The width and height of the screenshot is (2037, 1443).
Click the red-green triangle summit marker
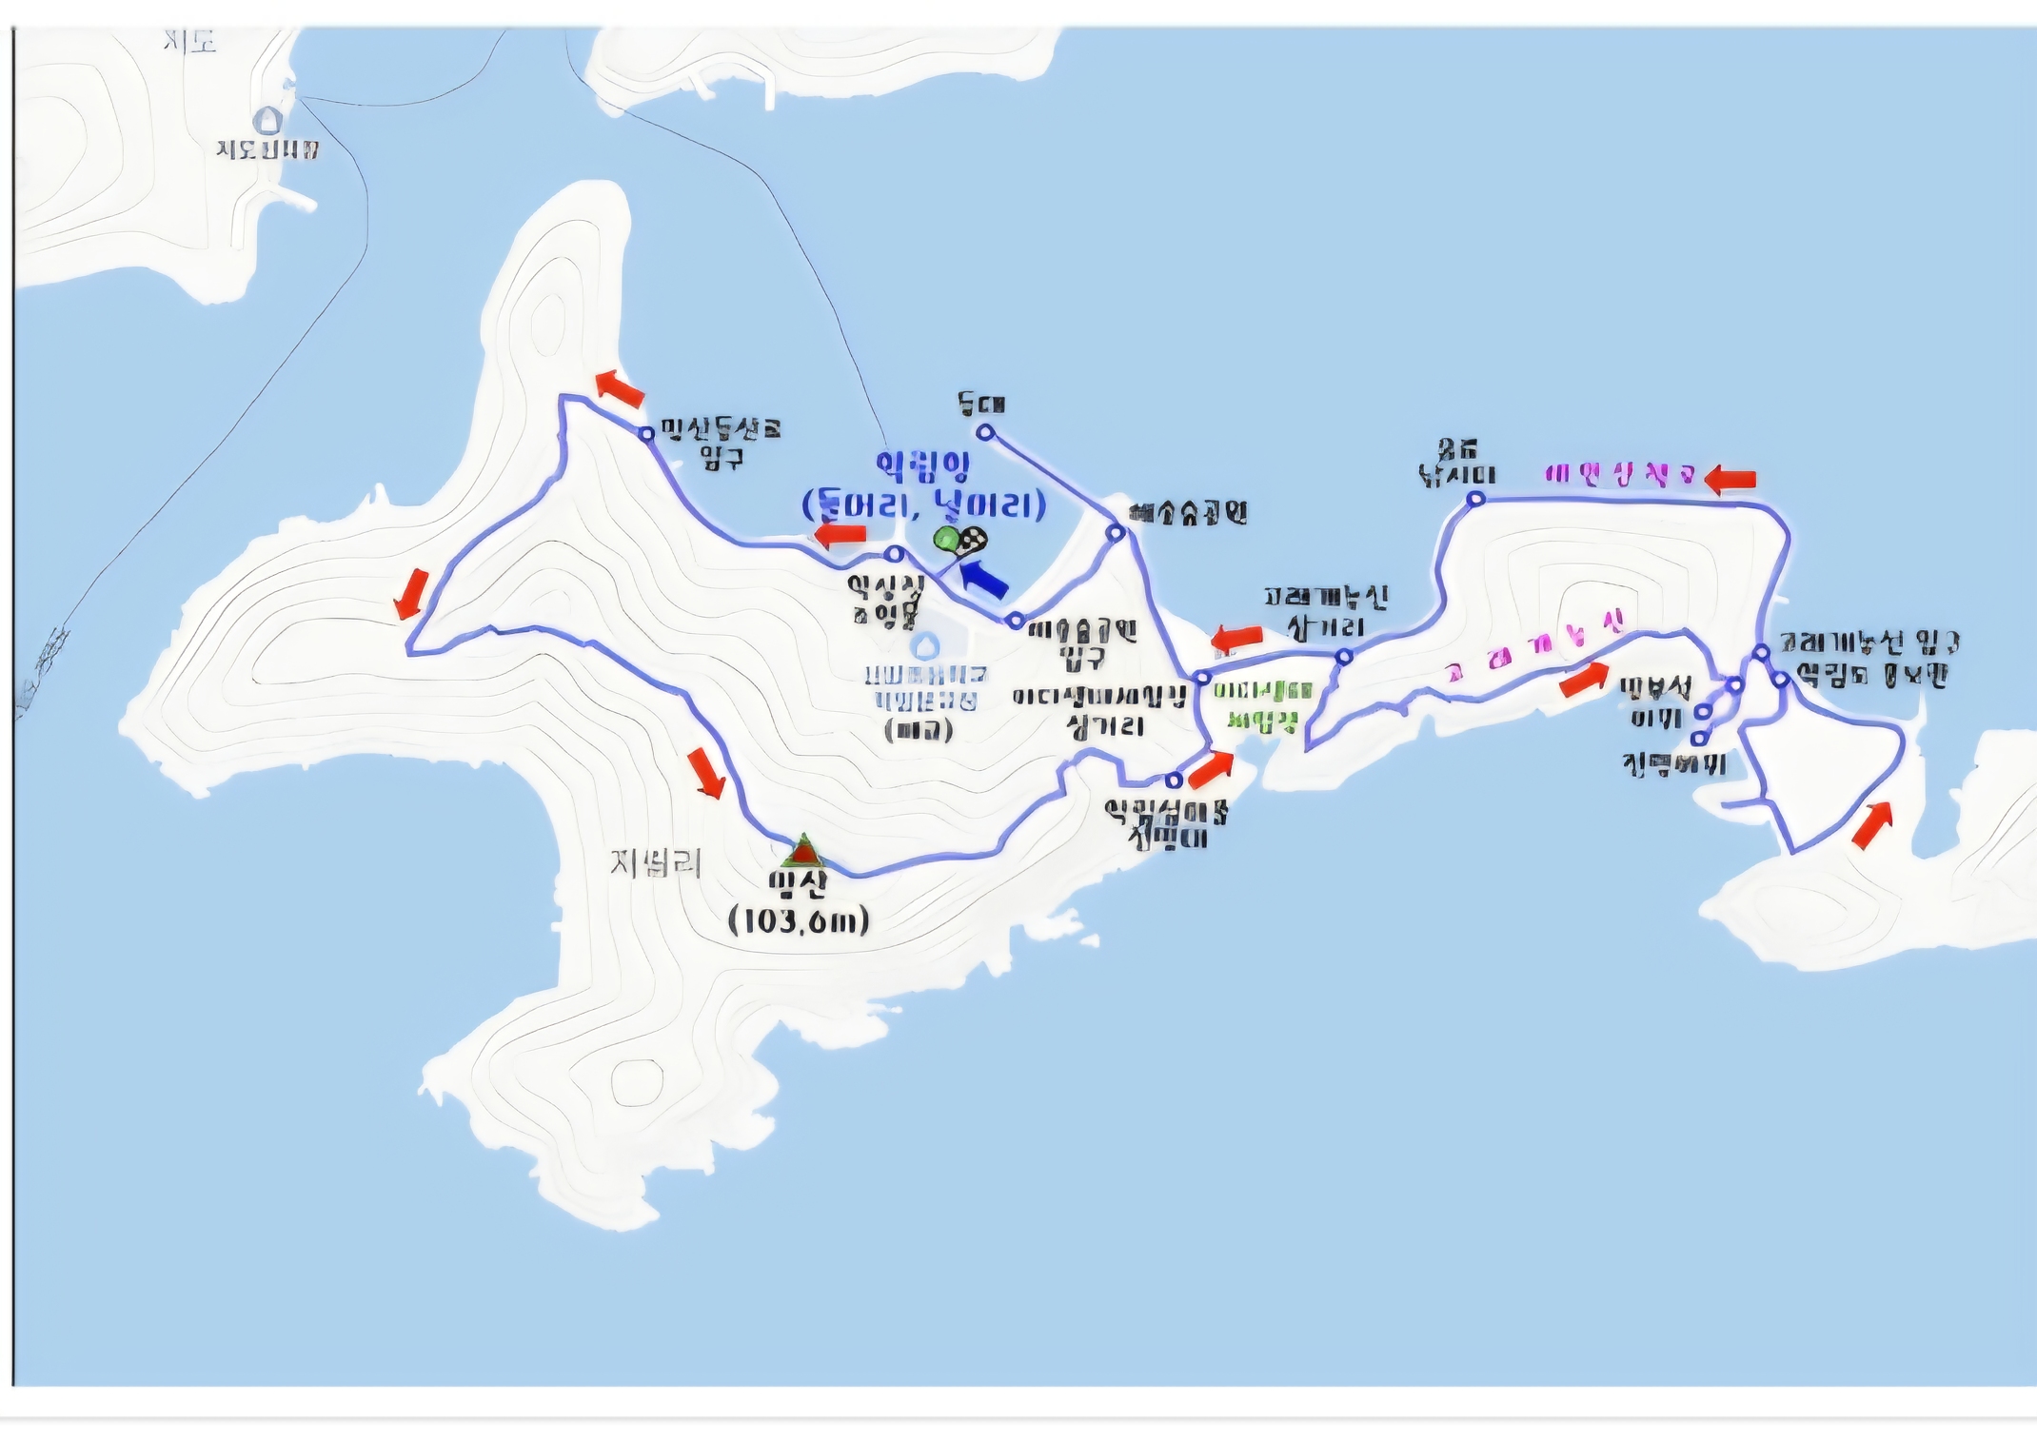pyautogui.click(x=804, y=851)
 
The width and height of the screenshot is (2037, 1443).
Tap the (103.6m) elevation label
pyautogui.click(x=799, y=920)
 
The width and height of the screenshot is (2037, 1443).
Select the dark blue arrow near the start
pyautogui.click(x=983, y=578)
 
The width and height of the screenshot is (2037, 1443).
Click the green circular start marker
pyautogui.click(x=946, y=539)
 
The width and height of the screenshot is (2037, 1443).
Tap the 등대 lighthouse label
pyautogui.click(x=981, y=405)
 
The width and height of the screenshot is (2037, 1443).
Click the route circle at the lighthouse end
pyautogui.click(x=986, y=433)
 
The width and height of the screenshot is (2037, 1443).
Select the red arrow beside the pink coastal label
pyautogui.click(x=1730, y=479)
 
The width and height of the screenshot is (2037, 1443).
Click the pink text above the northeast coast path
pyautogui.click(x=1620, y=474)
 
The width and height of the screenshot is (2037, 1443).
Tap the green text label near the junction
pyautogui.click(x=1262, y=705)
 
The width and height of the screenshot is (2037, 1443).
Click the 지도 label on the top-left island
pyautogui.click(x=189, y=41)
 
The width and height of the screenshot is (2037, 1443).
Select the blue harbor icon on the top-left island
pyautogui.click(x=268, y=120)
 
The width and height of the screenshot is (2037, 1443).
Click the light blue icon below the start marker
pyautogui.click(x=923, y=646)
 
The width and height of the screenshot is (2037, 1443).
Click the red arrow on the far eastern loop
pyautogui.click(x=1871, y=824)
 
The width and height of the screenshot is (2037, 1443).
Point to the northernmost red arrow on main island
pyautogui.click(x=620, y=387)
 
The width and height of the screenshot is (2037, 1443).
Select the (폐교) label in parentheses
pyautogui.click(x=918, y=730)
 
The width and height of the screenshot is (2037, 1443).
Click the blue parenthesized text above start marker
pyautogui.click(x=923, y=504)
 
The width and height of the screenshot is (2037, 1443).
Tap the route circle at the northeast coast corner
pyautogui.click(x=1475, y=499)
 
